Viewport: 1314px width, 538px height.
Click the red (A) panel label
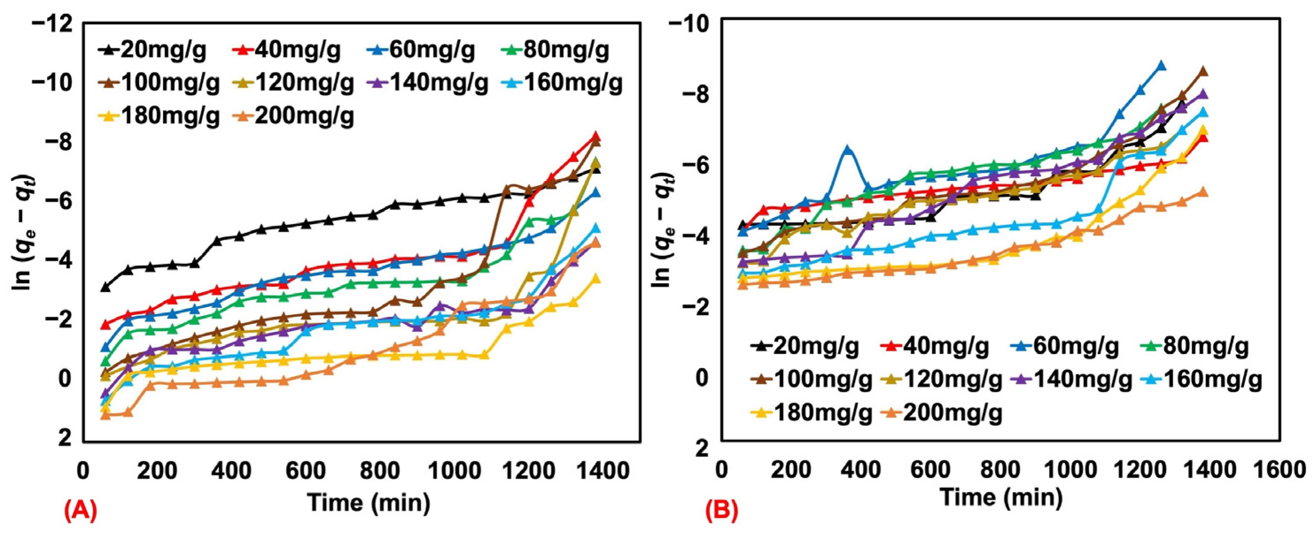(80, 512)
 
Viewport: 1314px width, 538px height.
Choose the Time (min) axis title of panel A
(369, 503)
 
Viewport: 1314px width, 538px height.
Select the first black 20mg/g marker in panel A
(105, 287)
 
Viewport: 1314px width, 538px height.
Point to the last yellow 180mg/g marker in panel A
(595, 278)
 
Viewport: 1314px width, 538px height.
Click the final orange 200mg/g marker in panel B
(1202, 192)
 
